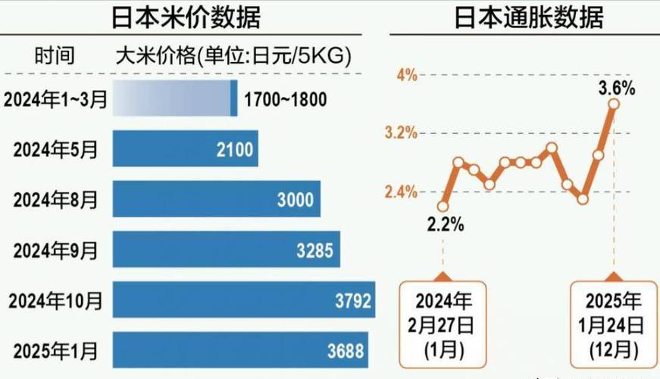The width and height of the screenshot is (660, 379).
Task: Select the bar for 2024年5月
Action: pyautogui.click(x=185, y=149)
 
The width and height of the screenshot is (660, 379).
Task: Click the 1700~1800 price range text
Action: pyautogui.click(x=286, y=99)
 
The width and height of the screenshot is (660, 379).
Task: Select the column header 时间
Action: pyautogui.click(x=55, y=55)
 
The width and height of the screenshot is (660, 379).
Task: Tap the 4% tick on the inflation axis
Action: pyautogui.click(x=407, y=74)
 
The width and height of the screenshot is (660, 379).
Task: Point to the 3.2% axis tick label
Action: pyautogui.click(x=401, y=133)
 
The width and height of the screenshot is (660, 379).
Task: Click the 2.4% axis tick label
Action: pyautogui.click(x=401, y=192)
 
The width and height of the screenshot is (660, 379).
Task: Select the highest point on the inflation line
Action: pyautogui.click(x=614, y=104)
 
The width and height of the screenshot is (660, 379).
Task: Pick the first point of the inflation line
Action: pyautogui.click(x=443, y=206)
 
